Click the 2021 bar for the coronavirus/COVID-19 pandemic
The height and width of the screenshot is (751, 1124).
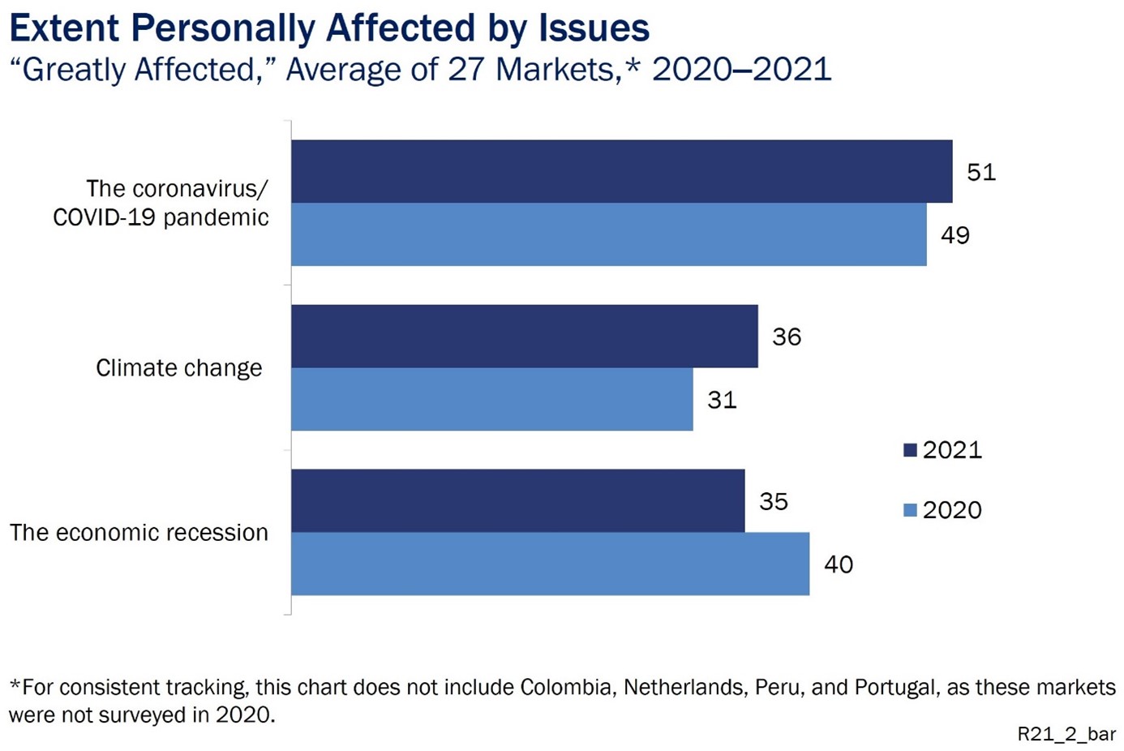621,171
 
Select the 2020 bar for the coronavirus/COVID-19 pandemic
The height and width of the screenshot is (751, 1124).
608,234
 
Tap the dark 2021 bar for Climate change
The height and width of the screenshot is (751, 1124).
524,337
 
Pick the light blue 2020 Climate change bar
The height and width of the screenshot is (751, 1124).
491,399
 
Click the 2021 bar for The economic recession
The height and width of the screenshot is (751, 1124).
517,500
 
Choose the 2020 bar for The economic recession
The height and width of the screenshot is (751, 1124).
550,564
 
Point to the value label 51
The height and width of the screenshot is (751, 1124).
981,172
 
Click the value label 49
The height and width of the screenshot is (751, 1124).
955,235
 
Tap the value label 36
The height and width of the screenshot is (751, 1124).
787,337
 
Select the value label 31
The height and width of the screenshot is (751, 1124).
722,400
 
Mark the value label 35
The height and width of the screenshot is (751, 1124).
774,501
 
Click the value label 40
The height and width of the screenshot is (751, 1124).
839,564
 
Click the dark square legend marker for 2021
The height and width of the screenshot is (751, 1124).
910,450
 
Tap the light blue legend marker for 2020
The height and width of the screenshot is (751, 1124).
910,510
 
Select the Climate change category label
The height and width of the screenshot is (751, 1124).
179,368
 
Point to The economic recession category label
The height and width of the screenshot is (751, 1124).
139,533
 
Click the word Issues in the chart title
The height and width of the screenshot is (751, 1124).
594,28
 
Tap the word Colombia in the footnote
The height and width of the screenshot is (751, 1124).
568,688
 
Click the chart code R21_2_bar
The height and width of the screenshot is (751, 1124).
1066,734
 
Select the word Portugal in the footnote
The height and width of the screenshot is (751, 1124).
897,688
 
